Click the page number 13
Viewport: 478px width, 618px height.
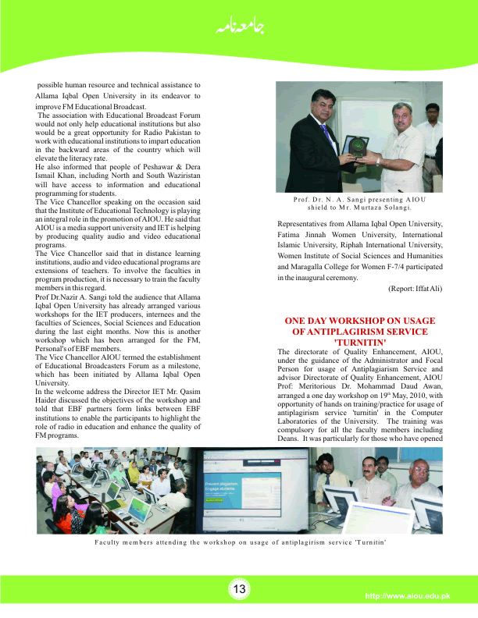tap(239, 589)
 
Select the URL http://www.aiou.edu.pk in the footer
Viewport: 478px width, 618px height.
tap(408, 597)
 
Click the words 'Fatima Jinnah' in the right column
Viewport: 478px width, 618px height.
tap(298, 236)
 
